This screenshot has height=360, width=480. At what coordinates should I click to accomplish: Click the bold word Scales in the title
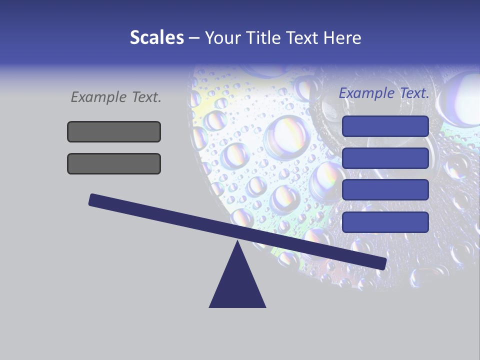point(156,37)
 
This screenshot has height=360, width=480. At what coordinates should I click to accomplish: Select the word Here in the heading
point(343,37)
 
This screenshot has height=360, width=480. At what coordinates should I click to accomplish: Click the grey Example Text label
point(116,97)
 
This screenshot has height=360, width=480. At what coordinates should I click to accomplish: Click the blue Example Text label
point(384,93)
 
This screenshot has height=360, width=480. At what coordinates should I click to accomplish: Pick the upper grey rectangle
point(114,131)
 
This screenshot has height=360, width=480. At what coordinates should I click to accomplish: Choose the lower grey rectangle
point(114,163)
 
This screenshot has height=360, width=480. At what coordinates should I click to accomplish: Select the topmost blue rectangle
point(385,126)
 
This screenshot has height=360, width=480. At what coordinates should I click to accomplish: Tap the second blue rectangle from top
point(385,158)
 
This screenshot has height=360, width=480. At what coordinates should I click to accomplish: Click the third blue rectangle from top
point(385,190)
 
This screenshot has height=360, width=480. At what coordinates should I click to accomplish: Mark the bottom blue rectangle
point(385,222)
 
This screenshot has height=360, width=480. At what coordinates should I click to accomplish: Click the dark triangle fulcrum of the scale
point(237,285)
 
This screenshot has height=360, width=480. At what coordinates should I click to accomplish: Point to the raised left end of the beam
point(92,199)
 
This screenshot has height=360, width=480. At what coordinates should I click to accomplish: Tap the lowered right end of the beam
point(382,263)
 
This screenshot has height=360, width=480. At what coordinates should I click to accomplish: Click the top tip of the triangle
point(237,242)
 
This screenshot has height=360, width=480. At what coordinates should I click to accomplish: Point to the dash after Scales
point(194,38)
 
